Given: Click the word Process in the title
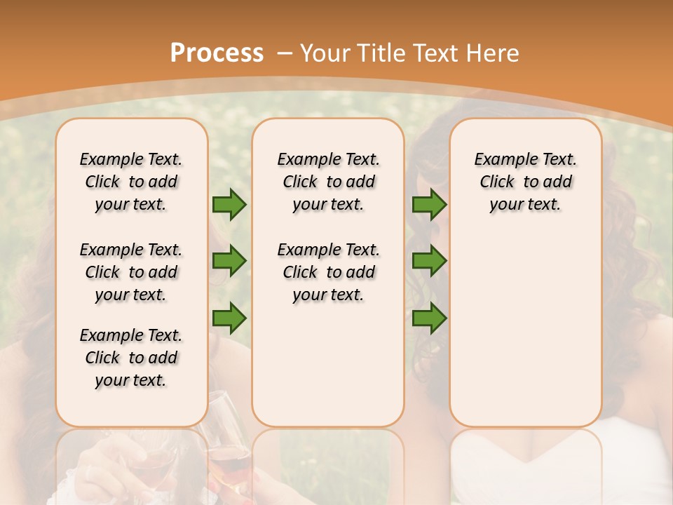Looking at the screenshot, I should (x=217, y=53).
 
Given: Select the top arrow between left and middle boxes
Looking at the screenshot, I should (x=229, y=204).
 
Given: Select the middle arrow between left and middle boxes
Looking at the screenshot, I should (x=229, y=262).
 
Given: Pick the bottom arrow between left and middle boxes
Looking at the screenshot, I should (x=229, y=318).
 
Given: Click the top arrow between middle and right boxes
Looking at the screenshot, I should (x=429, y=204).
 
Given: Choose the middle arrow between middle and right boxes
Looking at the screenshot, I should (x=429, y=262).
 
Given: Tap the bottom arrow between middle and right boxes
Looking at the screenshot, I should (x=429, y=318).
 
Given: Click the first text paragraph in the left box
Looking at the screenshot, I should (x=131, y=182).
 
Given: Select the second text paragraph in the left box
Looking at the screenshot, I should (x=131, y=272).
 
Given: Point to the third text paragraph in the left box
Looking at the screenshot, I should (x=131, y=358).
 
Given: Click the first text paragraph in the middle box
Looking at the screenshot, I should (x=328, y=182).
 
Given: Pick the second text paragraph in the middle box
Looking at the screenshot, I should (x=328, y=272).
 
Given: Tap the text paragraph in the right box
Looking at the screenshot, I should (x=526, y=182).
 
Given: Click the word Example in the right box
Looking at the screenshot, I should (x=501, y=159).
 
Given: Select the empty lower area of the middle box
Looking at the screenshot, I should (x=328, y=365).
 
